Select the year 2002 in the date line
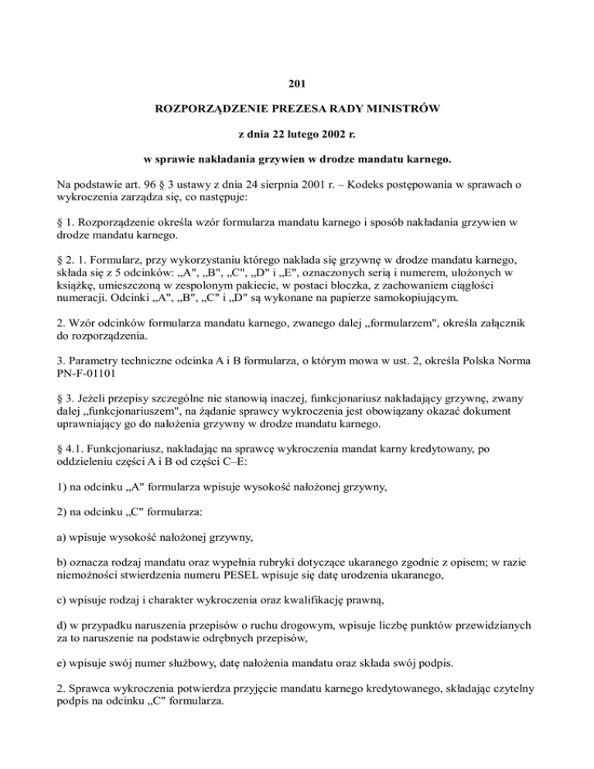[346, 138]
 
